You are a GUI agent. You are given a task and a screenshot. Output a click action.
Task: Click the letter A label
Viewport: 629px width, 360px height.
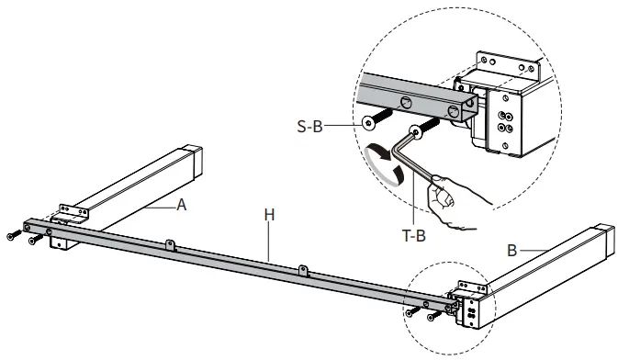[181, 205]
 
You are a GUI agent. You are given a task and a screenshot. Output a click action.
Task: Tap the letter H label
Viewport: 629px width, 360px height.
[270, 215]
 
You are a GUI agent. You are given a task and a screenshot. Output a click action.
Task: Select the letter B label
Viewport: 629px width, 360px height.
[511, 251]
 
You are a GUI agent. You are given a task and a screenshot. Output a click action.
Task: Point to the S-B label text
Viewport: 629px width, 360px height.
[309, 127]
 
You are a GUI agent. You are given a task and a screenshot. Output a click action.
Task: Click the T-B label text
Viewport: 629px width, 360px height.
[413, 236]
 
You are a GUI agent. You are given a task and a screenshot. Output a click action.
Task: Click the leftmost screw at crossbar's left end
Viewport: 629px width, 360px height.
[11, 237]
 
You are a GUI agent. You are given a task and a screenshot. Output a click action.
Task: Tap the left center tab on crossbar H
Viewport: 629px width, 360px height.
[170, 245]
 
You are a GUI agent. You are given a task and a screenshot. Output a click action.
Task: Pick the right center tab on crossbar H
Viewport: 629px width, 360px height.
[304, 271]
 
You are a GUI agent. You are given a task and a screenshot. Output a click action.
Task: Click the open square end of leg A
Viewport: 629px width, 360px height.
[197, 162]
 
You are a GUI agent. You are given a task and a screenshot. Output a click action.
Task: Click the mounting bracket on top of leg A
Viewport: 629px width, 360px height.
[73, 210]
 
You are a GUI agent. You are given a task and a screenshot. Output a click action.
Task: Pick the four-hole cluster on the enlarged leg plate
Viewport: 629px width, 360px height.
[505, 123]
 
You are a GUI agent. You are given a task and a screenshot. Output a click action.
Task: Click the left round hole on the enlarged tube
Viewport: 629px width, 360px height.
[405, 103]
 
